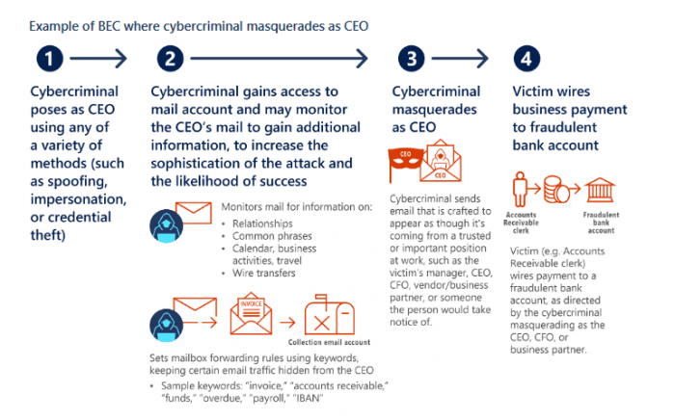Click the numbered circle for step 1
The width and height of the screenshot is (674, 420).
[x=49, y=59]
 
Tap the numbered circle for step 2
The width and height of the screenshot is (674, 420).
[x=171, y=59]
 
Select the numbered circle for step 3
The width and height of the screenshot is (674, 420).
[x=412, y=59]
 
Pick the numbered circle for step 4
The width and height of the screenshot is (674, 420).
[x=526, y=59]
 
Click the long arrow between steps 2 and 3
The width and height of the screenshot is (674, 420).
[x=279, y=59]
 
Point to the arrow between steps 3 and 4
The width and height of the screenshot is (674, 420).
[x=460, y=59]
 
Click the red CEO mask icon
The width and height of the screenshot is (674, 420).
[x=405, y=161]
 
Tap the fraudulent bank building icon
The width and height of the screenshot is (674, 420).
[x=600, y=190]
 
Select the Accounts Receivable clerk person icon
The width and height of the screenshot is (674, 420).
[x=520, y=190]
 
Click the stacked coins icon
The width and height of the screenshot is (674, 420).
[x=556, y=190]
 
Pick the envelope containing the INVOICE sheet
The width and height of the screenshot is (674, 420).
[x=251, y=313]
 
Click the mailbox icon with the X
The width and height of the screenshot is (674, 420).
[x=330, y=315]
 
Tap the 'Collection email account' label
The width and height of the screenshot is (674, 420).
[x=329, y=342]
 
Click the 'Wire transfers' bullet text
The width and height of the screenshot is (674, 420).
[x=263, y=273]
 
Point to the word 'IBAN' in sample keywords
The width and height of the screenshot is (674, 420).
[x=308, y=398]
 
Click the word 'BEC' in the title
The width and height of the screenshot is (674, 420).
[x=109, y=26]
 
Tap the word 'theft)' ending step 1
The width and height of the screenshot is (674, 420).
[x=47, y=235]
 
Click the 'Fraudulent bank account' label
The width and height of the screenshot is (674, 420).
[x=601, y=223]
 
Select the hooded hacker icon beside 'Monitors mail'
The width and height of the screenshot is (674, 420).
[x=166, y=225]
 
